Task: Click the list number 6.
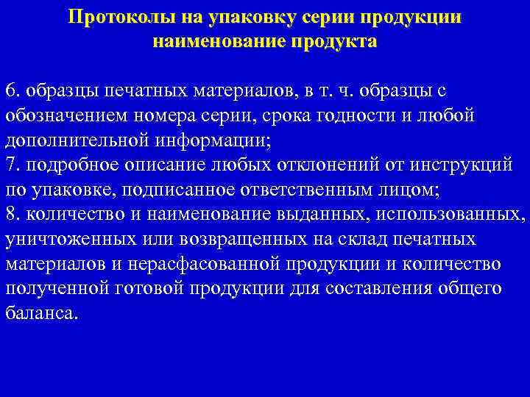tap(10, 91)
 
